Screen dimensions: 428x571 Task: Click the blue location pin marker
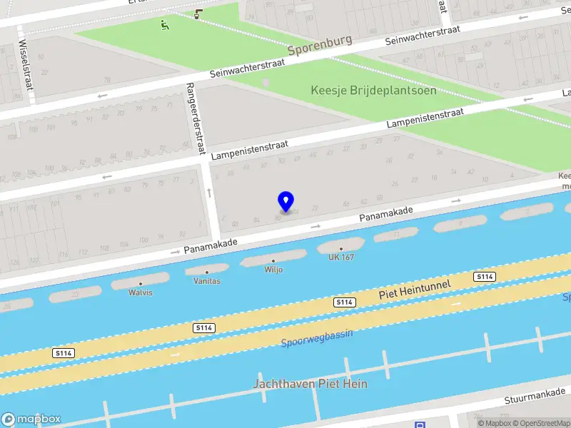[x=285, y=201]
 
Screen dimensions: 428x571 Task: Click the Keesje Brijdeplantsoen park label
[x=373, y=91]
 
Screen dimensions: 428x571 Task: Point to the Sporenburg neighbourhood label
[x=320, y=45]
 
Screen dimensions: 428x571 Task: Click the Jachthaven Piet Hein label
[x=310, y=384]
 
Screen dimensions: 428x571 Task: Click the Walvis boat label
[x=141, y=292]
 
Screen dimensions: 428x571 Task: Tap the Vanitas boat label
[x=207, y=281]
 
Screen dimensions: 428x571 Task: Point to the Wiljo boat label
[x=273, y=270]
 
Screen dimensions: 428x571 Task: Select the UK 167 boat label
[x=340, y=257]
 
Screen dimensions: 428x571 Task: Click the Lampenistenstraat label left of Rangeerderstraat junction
[x=250, y=149]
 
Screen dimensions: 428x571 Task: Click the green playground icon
[x=165, y=25]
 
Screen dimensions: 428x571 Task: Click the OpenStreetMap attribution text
[x=540, y=423]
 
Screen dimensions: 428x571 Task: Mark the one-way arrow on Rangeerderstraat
[x=209, y=193]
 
